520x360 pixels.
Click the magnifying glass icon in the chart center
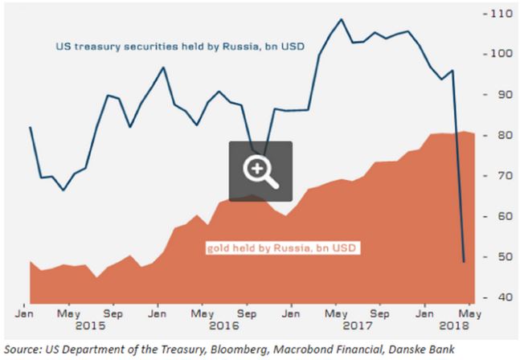pos(260,170)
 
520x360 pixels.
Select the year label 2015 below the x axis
pos(92,326)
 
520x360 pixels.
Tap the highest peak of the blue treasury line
pos(341,19)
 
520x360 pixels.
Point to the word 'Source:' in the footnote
pos(23,349)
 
